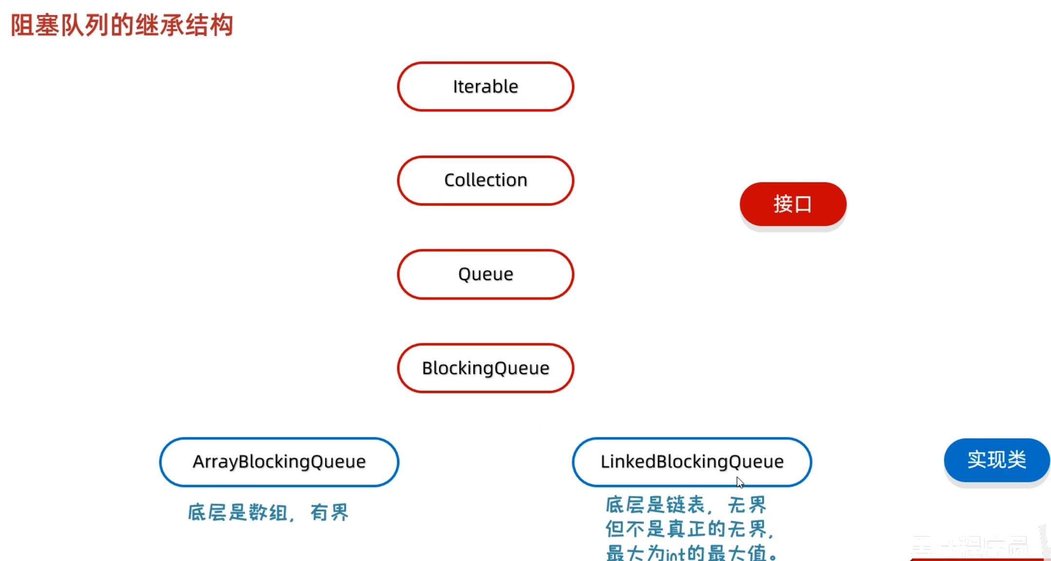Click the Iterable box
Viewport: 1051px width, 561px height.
click(x=486, y=87)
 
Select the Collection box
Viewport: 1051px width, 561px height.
click(x=486, y=180)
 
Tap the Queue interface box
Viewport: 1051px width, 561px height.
click(x=486, y=274)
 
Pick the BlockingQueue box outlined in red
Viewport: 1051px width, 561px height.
click(x=486, y=368)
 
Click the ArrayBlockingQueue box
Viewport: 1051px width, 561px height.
click(x=279, y=462)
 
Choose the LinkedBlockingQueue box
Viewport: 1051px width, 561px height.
click(x=691, y=462)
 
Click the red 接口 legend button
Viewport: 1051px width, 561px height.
click(x=793, y=204)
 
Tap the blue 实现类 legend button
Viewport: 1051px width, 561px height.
click(x=996, y=460)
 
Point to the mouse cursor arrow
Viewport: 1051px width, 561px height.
click(x=740, y=482)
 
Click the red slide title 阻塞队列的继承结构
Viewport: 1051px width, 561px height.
click(x=122, y=25)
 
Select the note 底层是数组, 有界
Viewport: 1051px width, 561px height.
click(x=268, y=512)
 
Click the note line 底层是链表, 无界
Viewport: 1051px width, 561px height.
click(x=686, y=505)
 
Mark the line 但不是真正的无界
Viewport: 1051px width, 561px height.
click(x=689, y=529)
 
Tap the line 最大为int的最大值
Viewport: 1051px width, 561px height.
click(x=691, y=553)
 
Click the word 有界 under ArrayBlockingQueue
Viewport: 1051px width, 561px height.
click(x=329, y=512)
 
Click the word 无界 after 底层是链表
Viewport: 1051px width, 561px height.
click(x=747, y=505)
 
